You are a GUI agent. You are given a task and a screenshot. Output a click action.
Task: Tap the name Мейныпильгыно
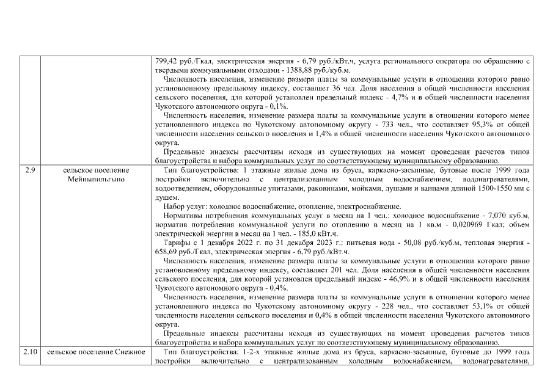point(97,180)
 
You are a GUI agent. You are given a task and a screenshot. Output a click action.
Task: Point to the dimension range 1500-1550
point(465,189)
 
